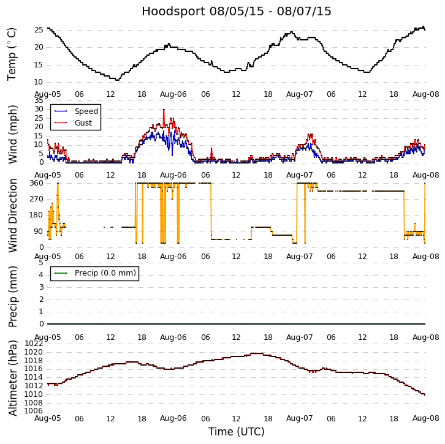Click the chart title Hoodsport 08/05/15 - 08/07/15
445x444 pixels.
[236, 12]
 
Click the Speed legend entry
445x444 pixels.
[86, 111]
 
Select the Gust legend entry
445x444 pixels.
[83, 123]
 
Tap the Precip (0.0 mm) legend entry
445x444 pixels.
[104, 273]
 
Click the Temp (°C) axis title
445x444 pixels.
[12, 54]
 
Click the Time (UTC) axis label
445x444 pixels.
[236, 432]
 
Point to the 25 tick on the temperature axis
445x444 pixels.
[38, 29]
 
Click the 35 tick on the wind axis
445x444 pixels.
[38, 100]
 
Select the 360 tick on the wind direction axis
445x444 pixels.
[36, 183]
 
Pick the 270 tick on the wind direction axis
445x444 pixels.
[36, 199]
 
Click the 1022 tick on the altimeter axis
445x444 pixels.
[34, 344]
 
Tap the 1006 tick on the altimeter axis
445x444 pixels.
[34, 410]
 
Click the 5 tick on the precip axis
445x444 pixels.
[40, 263]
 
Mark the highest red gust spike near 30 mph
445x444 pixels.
[164, 110]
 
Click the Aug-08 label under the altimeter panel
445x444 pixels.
[425, 418]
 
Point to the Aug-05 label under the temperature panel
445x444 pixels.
[47, 94]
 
